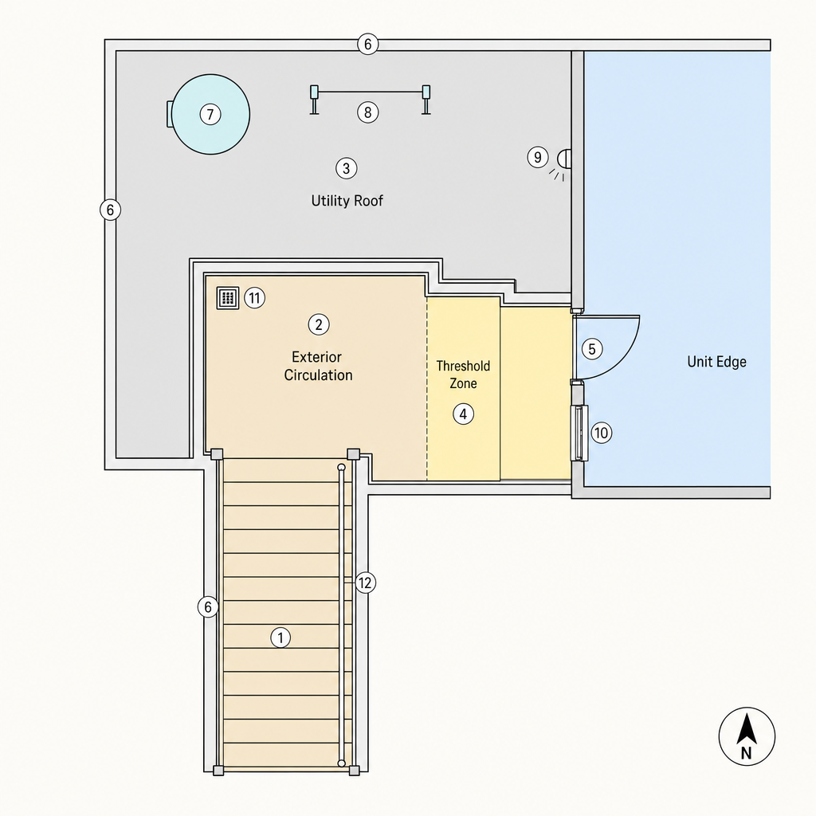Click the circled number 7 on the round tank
pos(210,114)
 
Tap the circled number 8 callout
pos(368,112)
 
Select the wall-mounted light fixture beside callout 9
pos(563,159)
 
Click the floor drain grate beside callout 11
pos(227,298)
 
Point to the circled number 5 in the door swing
pos(592,349)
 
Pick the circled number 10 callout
pos(601,433)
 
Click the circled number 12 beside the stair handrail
pos(365,583)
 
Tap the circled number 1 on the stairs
pos(280,637)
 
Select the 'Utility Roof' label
pos(347,201)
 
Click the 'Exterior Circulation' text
pos(318,366)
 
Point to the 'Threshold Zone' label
pos(463,375)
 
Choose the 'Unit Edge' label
pos(716,362)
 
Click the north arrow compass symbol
pos(747,736)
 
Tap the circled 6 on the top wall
pos(368,45)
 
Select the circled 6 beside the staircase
pos(208,606)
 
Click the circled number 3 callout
pos(346,168)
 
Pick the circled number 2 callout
pos(319,325)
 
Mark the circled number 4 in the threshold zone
pos(463,414)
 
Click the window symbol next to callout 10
pos(579,433)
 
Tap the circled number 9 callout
pos(538,157)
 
